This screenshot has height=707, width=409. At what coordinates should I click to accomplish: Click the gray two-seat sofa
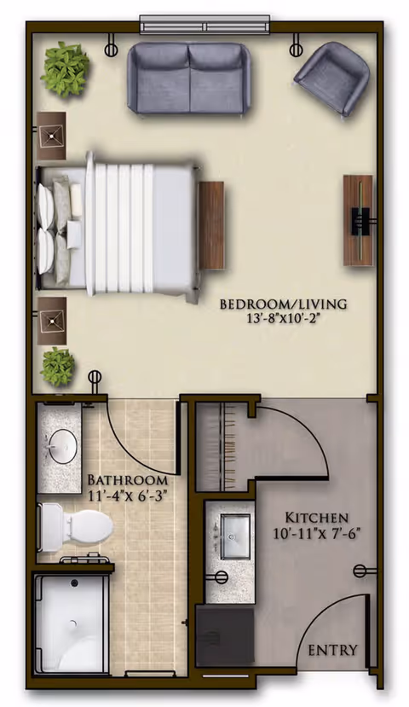click(x=188, y=78)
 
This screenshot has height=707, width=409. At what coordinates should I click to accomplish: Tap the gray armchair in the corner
click(x=332, y=78)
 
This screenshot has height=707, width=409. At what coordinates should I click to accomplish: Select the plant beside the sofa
click(x=66, y=70)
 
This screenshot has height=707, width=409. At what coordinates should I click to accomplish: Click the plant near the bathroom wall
click(x=58, y=367)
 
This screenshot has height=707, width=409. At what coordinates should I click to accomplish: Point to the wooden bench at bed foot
click(x=211, y=225)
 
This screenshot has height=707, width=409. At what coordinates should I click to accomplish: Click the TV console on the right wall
click(x=359, y=220)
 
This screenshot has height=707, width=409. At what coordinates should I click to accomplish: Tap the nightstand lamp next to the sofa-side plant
click(x=51, y=136)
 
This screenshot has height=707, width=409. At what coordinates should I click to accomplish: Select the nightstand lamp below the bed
click(x=51, y=321)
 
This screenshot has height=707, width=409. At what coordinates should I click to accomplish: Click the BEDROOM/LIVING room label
click(x=284, y=304)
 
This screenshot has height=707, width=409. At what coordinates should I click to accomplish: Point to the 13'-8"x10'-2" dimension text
click(x=284, y=319)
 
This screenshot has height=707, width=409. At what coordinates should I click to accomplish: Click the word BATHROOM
click(x=128, y=479)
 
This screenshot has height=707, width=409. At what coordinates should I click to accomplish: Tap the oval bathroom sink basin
click(x=62, y=446)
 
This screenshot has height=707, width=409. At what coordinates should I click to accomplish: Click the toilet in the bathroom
click(x=76, y=528)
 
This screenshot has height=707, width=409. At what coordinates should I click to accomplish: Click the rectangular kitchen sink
click(x=234, y=536)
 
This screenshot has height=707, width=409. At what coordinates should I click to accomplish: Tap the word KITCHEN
click(x=317, y=517)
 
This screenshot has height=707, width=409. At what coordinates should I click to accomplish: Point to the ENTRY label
click(x=333, y=650)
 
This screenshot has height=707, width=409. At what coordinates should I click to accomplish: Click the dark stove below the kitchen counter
click(x=225, y=635)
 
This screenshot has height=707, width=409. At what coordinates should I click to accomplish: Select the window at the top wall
click(x=205, y=25)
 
